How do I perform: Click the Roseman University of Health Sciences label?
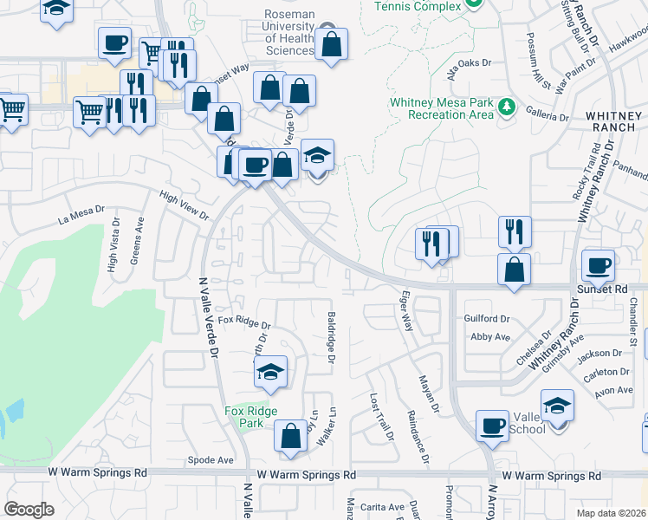(288, 32)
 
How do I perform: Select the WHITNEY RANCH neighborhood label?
(614, 120)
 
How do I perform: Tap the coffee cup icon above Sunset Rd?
(597, 266)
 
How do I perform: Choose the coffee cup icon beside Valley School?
(493, 426)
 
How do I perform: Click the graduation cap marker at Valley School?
(557, 406)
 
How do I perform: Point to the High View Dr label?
(185, 205)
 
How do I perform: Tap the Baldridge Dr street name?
(331, 338)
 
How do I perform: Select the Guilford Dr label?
(487, 319)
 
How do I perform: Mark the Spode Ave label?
(211, 460)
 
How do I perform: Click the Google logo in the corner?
(29, 510)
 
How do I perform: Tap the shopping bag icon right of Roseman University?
(331, 44)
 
